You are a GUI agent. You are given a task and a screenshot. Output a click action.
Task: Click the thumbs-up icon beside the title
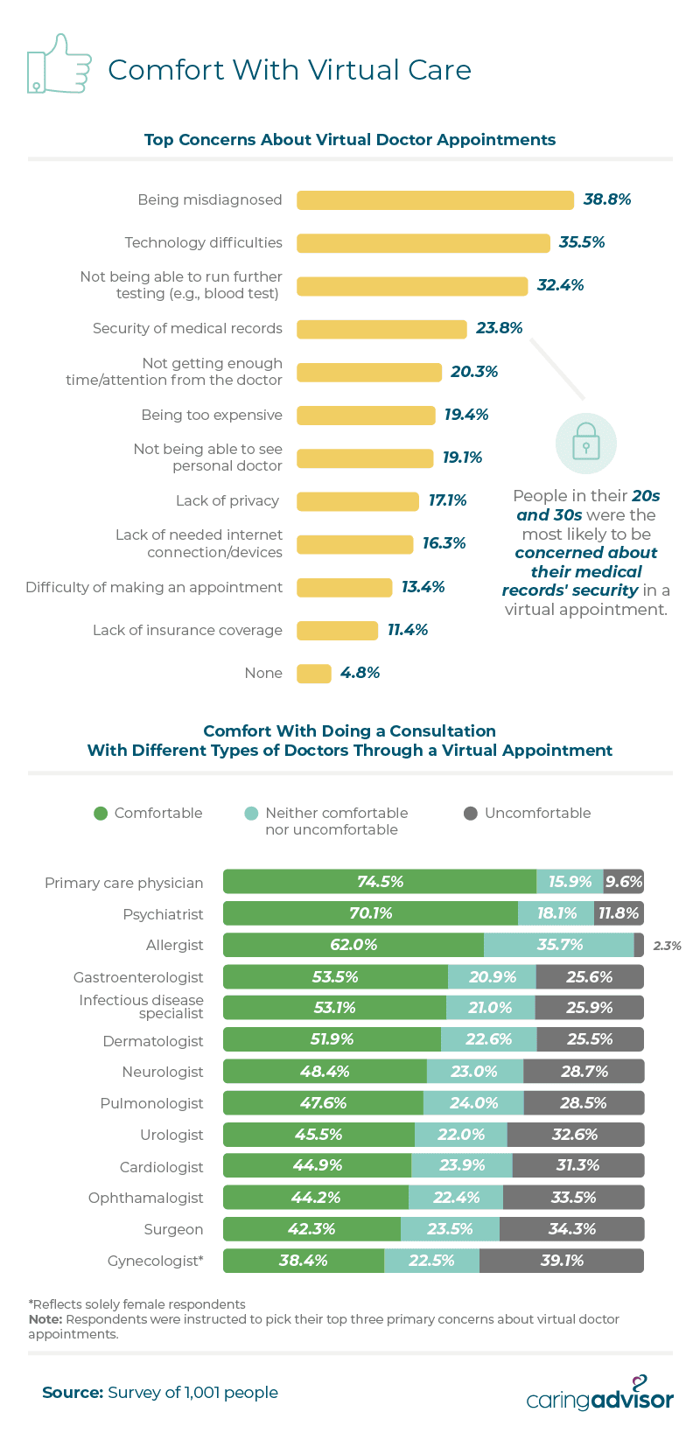tap(59, 64)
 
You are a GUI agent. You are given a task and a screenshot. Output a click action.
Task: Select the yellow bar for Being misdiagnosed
tap(435, 200)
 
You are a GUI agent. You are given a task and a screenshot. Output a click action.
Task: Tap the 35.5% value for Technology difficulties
tap(582, 242)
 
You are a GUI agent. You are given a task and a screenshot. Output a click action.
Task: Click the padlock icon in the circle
tap(586, 444)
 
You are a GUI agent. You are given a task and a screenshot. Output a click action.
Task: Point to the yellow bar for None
tap(314, 674)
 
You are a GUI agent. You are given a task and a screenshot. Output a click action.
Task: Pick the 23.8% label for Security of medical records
tap(500, 328)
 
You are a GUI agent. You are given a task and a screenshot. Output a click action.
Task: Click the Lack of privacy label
tap(227, 500)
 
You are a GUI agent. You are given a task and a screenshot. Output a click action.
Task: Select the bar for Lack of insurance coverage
tap(337, 630)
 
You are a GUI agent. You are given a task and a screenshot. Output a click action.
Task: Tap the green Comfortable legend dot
tap(101, 814)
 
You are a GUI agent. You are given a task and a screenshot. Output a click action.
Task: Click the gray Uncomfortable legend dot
tap(471, 814)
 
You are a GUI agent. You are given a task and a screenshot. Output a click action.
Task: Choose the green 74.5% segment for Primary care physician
tap(380, 882)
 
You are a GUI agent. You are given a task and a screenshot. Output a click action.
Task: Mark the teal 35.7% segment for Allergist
tap(559, 945)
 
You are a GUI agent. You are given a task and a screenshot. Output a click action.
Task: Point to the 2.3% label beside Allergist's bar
tap(667, 946)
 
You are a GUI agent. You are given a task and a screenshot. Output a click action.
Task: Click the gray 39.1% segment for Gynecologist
tap(562, 1261)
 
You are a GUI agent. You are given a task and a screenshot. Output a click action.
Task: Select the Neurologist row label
tap(163, 1072)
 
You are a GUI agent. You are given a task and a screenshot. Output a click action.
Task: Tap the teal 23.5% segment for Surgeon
tap(450, 1229)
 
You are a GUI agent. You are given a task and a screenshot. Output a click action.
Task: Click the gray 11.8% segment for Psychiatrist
tap(619, 913)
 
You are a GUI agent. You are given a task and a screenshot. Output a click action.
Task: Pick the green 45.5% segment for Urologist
tap(318, 1135)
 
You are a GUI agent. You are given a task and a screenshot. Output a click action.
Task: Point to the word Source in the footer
tap(73, 1393)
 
